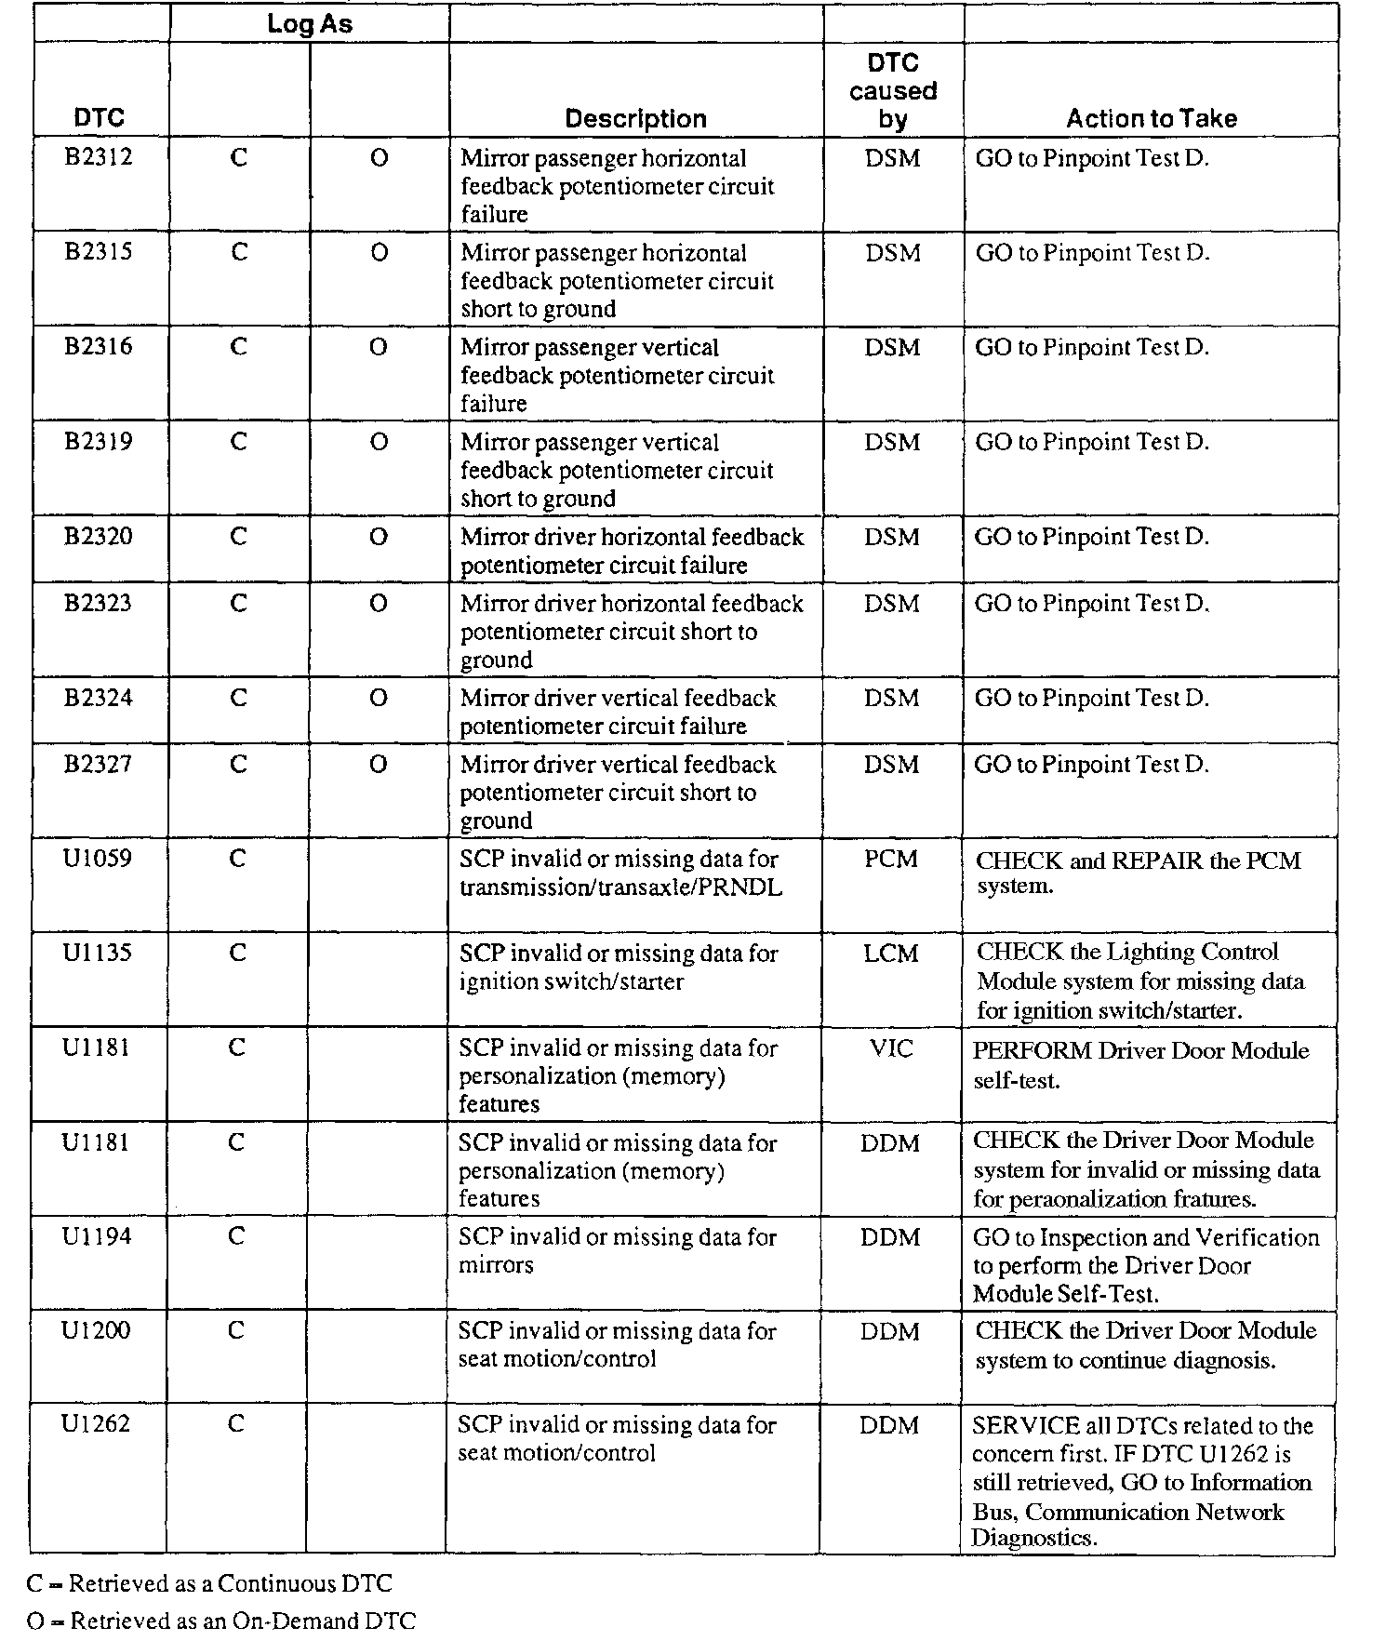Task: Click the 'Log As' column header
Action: pyautogui.click(x=309, y=24)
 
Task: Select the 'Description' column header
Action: pyautogui.click(x=635, y=119)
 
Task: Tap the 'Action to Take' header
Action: pyautogui.click(x=1151, y=119)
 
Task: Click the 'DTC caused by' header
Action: pyautogui.click(x=892, y=91)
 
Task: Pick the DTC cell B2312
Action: pyautogui.click(x=99, y=157)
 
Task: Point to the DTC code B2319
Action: pyautogui.click(x=99, y=442)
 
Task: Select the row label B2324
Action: pyautogui.click(x=99, y=698)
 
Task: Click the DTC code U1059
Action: pyautogui.click(x=98, y=859)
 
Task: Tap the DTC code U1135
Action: pyautogui.click(x=98, y=954)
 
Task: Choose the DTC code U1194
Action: pyautogui.click(x=97, y=1237)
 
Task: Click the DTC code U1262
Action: pyautogui.click(x=96, y=1424)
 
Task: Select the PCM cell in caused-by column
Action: pyautogui.click(x=891, y=860)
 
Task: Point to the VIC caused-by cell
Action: pyautogui.click(x=891, y=1049)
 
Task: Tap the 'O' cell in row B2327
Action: pyautogui.click(x=378, y=765)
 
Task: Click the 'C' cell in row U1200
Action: pyautogui.click(x=236, y=1331)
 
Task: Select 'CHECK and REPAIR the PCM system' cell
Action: pyautogui.click(x=1138, y=873)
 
